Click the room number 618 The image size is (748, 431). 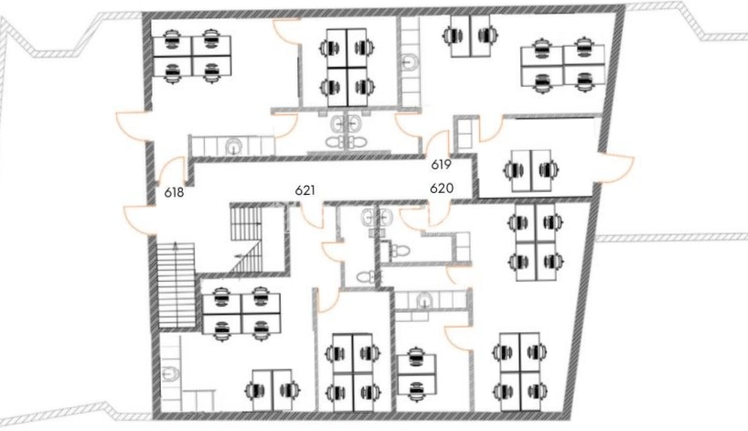click(174, 193)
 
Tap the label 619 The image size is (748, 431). click(442, 165)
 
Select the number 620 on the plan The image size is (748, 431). click(442, 189)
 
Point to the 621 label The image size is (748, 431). click(305, 190)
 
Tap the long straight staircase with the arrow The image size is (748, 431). click(176, 285)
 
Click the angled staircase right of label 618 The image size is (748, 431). click(246, 238)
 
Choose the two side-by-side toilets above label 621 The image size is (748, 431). click(346, 142)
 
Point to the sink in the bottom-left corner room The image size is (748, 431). click(170, 373)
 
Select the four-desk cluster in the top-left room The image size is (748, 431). click(192, 56)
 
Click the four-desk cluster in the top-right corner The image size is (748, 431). click(563, 65)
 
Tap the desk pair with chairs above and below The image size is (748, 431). click(416, 373)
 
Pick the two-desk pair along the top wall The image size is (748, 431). click(470, 36)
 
